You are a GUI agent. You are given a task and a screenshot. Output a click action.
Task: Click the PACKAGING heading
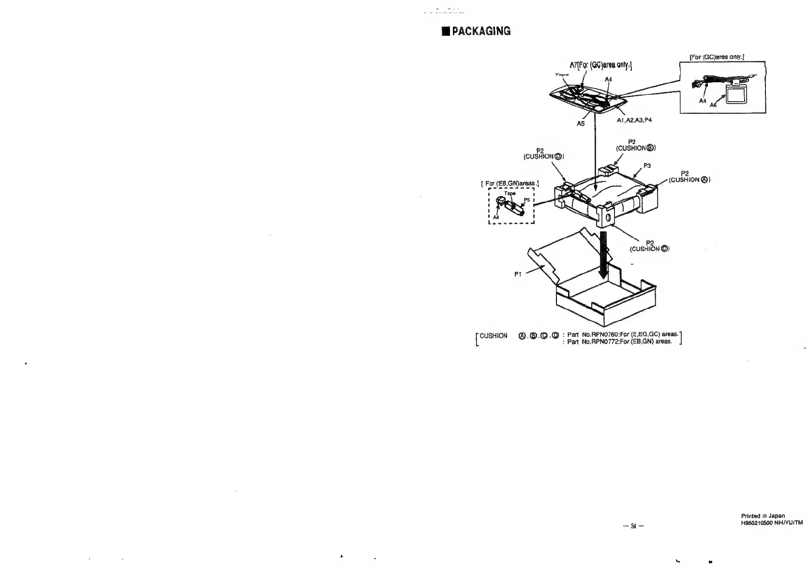click(x=476, y=31)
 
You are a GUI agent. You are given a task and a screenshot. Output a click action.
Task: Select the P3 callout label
click(x=647, y=165)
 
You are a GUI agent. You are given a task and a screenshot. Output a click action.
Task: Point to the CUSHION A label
click(x=689, y=180)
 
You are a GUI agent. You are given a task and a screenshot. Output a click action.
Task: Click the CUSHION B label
click(x=635, y=148)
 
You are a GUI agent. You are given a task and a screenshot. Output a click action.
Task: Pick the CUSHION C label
click(x=649, y=249)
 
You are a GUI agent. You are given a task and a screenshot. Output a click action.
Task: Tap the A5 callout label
click(x=581, y=123)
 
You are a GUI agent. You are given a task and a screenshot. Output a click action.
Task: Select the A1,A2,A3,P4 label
click(x=634, y=120)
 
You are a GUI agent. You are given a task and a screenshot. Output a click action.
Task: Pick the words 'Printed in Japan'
click(x=763, y=516)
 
